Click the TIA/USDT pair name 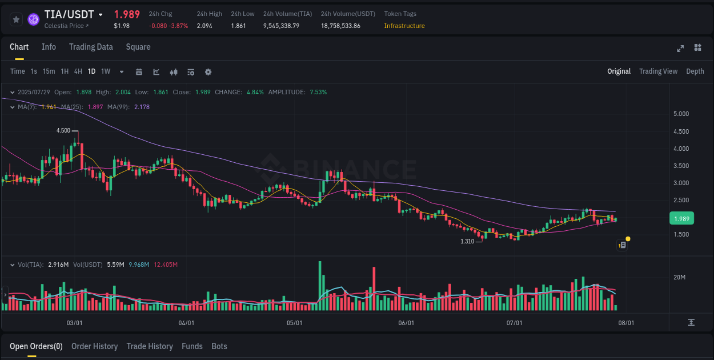[x=69, y=15]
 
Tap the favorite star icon [x=17, y=19]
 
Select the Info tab [x=49, y=47]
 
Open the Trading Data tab [x=91, y=47]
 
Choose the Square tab [x=138, y=47]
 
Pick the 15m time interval [x=49, y=71]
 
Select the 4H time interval [x=78, y=71]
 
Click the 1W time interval [x=106, y=71]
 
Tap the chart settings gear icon [x=208, y=72]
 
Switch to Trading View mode [x=658, y=71]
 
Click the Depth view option [x=695, y=71]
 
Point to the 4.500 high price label [x=63, y=130]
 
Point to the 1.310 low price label [x=467, y=241]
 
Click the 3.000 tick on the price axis [x=681, y=183]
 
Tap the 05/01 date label [x=294, y=323]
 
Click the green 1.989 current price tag [x=681, y=219]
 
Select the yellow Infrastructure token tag [x=404, y=26]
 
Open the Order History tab [x=94, y=346]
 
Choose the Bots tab [x=219, y=346]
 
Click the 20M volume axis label [x=679, y=277]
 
